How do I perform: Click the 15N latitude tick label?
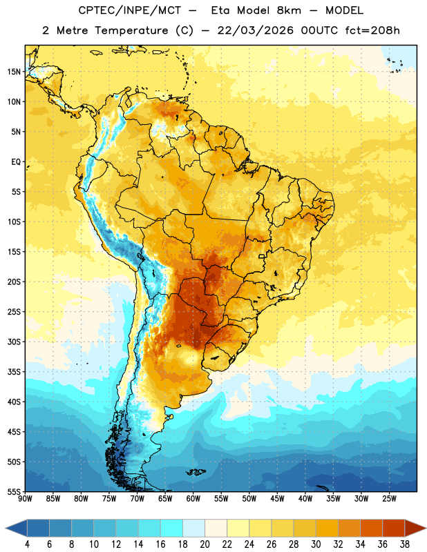pos(15,72)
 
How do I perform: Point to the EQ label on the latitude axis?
pos(16,162)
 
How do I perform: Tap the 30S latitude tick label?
pos(15,342)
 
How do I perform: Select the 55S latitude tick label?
pos(15,491)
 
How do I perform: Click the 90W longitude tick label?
pos(25,499)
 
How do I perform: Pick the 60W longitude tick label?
pos(193,499)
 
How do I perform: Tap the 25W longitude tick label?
pos(389,499)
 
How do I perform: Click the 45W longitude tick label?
pos(277,499)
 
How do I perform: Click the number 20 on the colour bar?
pos(205,544)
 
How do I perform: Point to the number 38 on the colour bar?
pos(405,544)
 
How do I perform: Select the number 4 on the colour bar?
pos(27,544)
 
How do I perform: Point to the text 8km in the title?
pos(289,10)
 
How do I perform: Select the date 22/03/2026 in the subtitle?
pos(255,30)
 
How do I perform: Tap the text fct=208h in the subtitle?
pos(372,30)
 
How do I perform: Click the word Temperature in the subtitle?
pos(131,30)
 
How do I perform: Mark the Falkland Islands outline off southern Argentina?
pos(196,472)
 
